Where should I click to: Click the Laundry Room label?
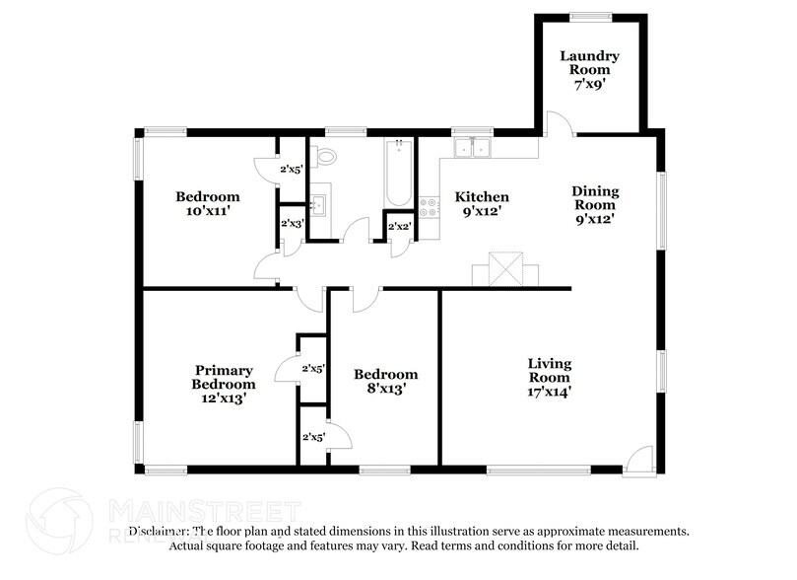pyautogui.click(x=590, y=70)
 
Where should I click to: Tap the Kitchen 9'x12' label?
pyautogui.click(x=482, y=204)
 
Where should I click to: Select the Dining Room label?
pyautogui.click(x=594, y=205)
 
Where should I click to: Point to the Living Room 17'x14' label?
pyautogui.click(x=549, y=377)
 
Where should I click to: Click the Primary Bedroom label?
pyautogui.click(x=224, y=385)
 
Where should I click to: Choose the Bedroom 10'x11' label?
pyautogui.click(x=207, y=204)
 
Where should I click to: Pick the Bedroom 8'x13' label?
pyautogui.click(x=385, y=381)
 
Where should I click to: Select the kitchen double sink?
pyautogui.click(x=473, y=149)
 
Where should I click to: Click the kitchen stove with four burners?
pyautogui.click(x=430, y=207)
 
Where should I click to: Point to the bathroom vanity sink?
pyautogui.click(x=318, y=204)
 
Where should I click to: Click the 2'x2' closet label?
pyautogui.click(x=399, y=227)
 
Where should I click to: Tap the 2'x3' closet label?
pyautogui.click(x=291, y=225)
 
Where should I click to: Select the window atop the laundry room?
pyautogui.click(x=591, y=16)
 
